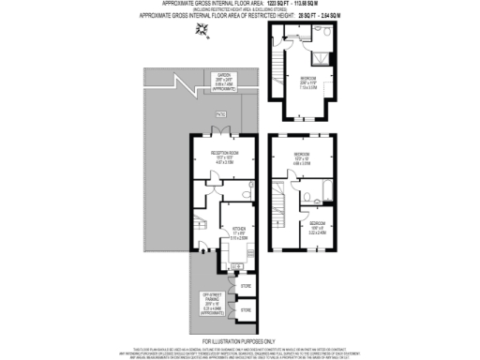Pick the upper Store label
pos(246,285)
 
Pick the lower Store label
pos(246,308)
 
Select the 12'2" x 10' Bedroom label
pos(300,157)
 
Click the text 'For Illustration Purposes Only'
pos(239,341)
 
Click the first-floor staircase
pos(280,202)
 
